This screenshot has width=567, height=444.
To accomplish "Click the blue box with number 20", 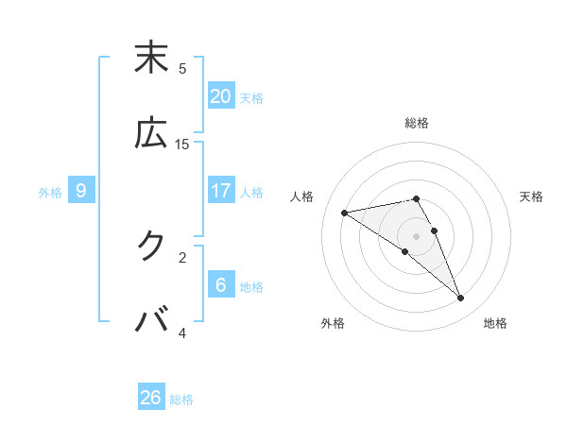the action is pyautogui.click(x=221, y=95).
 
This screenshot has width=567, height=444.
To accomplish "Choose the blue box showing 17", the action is pyautogui.click(x=221, y=191).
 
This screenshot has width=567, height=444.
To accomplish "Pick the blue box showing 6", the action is pyautogui.click(x=221, y=285).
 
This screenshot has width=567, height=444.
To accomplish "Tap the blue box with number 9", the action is pyautogui.click(x=81, y=191).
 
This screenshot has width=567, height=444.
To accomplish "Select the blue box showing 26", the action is pyautogui.click(x=151, y=398).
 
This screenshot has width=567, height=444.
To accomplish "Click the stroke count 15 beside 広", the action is pyautogui.click(x=182, y=144).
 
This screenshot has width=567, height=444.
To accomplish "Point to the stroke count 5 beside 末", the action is pyautogui.click(x=182, y=68).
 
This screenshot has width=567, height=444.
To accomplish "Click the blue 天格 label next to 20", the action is pyautogui.click(x=251, y=97).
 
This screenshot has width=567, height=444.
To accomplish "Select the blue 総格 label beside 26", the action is pyautogui.click(x=181, y=400).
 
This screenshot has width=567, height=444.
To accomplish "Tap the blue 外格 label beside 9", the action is pyautogui.click(x=50, y=193).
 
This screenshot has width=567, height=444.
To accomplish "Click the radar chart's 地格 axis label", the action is pyautogui.click(x=495, y=323).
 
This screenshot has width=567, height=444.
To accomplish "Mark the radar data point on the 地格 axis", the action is pyautogui.click(x=461, y=299).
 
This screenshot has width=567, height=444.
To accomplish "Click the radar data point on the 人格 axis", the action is pyautogui.click(x=345, y=213).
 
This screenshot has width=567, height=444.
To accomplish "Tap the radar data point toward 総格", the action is pyautogui.click(x=416, y=198).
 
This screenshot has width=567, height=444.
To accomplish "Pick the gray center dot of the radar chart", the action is pyautogui.click(x=416, y=235).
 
